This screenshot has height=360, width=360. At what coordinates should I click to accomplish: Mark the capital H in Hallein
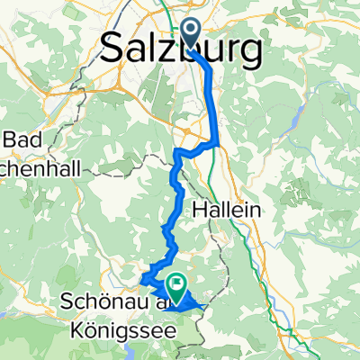coord(200,209)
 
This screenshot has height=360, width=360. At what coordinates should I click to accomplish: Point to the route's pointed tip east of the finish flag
coord(209,307)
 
